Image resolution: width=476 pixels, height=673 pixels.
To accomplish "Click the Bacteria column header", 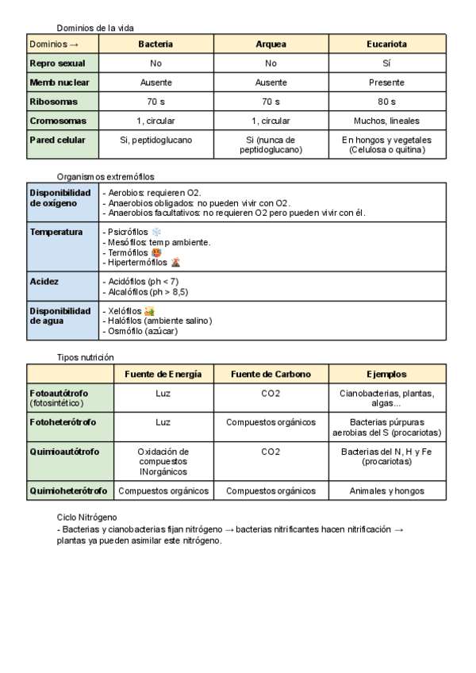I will coord(155,44).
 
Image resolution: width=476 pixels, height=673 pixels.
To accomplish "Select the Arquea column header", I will coord(271,44).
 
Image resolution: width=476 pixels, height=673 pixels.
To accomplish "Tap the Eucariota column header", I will coord(387,44).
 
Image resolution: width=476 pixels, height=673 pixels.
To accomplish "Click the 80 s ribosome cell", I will coord(387,102).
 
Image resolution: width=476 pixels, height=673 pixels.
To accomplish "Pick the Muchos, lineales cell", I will coord(387,121).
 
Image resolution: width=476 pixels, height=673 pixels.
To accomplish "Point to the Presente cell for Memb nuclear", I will coord(387,83).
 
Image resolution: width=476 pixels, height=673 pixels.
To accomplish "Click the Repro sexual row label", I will coord(52,63).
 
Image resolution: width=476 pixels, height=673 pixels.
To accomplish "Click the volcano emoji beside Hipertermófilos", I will coord(175,262).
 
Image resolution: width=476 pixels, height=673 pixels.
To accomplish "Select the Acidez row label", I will coord(44,281).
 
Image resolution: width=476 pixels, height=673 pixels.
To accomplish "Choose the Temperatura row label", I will coord(56,231).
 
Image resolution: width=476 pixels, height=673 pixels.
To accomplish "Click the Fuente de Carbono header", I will coord(271,374).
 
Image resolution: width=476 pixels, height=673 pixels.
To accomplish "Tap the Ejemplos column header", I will coord(387,374).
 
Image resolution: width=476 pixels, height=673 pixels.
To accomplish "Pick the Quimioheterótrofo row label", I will coord(67,490).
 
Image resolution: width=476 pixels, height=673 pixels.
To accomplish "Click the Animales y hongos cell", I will coord(387,490).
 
